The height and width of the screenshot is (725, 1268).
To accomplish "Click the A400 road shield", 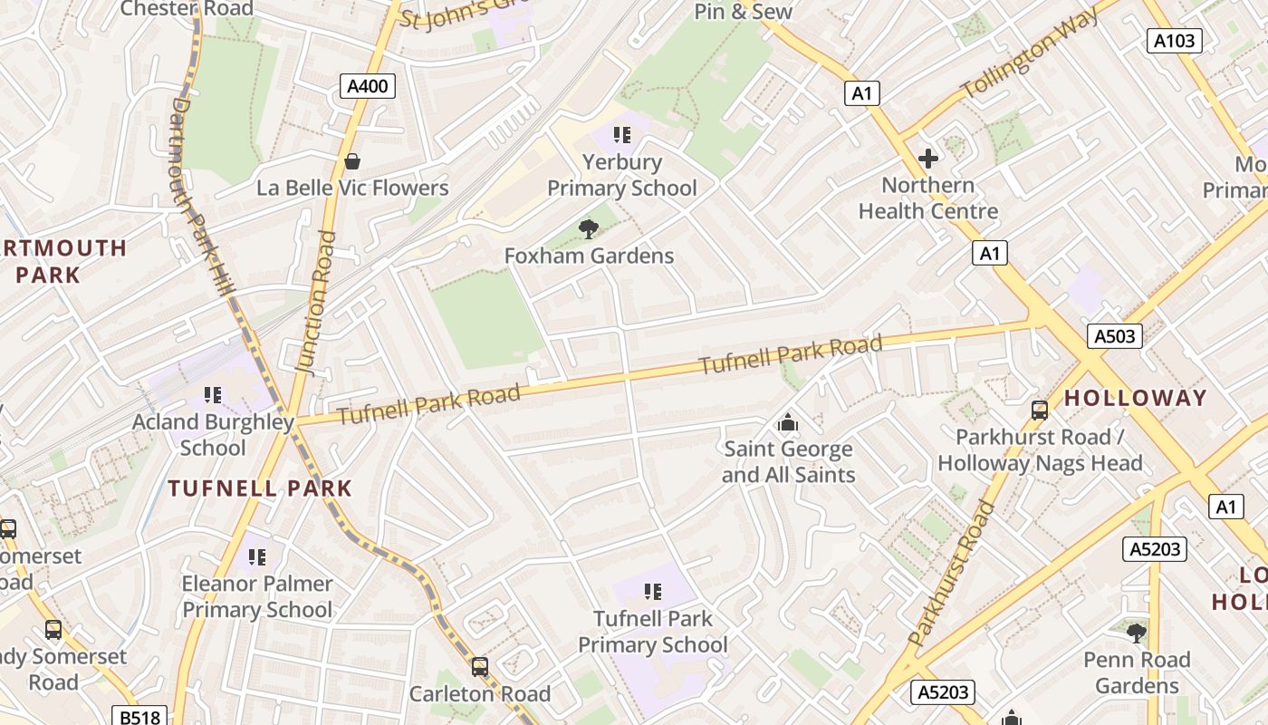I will pos(368,87).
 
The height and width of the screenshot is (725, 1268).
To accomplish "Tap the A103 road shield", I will pos(1175,40).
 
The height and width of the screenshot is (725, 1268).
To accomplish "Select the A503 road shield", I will pos(1114,336).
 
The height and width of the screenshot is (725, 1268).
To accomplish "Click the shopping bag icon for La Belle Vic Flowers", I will pos(351,161).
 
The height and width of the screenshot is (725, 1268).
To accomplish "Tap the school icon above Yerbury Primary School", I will pos(621,135).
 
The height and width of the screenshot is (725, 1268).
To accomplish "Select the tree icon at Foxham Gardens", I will pos(589,229).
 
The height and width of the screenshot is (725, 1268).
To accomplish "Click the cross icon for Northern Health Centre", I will pos(927,159).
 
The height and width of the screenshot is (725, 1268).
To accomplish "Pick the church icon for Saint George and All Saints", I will pos(788,422).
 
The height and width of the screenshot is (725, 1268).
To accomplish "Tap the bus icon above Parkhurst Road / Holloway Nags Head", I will pos(1039,411).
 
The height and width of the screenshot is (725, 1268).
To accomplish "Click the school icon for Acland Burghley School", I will pos(213,395).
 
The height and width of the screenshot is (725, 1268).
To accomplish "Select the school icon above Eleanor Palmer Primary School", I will pos(257,556).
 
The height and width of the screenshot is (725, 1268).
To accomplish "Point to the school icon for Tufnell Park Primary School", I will pos(652,592).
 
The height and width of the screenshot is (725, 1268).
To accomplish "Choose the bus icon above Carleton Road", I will pos(479,667).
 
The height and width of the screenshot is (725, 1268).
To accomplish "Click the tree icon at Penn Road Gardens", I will pos(1136,633).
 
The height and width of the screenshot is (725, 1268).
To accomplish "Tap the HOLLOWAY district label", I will pos(1135,398).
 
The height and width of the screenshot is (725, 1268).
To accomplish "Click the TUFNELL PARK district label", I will pos(260,488).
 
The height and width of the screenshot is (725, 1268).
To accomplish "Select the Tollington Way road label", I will pos(1030,54).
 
